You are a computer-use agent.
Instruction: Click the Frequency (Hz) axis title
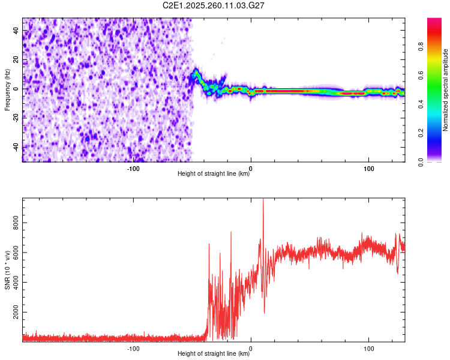pyautogui.click(x=7, y=90)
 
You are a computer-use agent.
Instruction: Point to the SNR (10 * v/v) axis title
pyautogui.click(x=7, y=271)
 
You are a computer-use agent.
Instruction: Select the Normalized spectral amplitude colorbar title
pyautogui.click(x=446, y=90)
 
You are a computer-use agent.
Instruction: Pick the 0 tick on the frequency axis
pyautogui.click(x=17, y=89)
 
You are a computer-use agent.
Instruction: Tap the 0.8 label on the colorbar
pyautogui.click(x=421, y=47)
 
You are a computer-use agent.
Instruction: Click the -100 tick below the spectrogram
pyautogui.click(x=133, y=169)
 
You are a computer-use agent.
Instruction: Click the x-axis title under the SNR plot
pyautogui.click(x=214, y=355)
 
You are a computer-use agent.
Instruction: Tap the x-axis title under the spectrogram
pyautogui.click(x=214, y=175)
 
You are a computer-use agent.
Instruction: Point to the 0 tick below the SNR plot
pyautogui.click(x=251, y=349)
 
